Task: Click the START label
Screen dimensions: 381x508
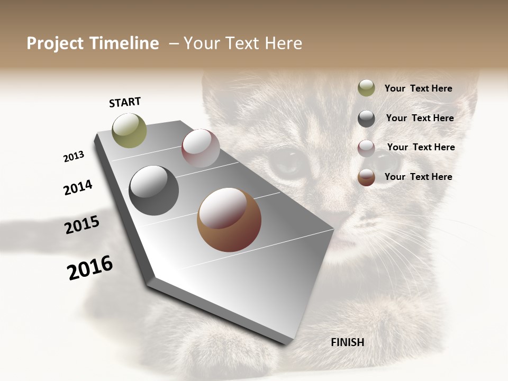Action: (125, 102)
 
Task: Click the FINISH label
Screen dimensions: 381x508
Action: (347, 342)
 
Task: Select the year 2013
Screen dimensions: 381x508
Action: (74, 156)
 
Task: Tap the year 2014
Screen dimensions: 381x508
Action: (78, 187)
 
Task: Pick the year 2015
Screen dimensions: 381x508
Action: (82, 224)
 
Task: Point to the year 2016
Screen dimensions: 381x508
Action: (90, 268)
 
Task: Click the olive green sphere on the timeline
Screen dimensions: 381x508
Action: (130, 130)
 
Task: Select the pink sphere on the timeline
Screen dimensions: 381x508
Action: (201, 148)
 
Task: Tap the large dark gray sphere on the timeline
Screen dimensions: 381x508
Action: (154, 190)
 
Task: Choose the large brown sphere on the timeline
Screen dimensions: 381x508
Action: (229, 220)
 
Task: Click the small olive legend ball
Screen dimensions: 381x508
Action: (366, 88)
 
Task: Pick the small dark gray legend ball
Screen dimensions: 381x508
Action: (366, 119)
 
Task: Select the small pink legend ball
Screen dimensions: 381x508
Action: (366, 148)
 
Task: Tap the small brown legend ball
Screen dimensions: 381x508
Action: (366, 177)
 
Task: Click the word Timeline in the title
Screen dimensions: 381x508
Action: (123, 43)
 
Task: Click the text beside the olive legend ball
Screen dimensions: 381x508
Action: (418, 88)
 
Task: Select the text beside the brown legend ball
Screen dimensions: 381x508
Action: (418, 177)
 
